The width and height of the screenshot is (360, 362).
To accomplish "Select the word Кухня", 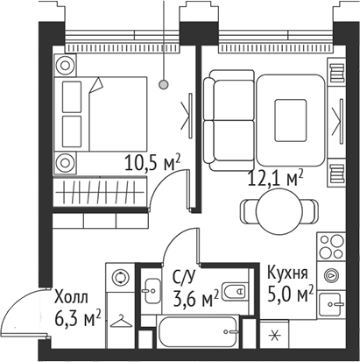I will pyautogui.click(x=288, y=273).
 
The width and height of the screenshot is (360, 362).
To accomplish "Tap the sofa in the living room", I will pyautogui.click(x=228, y=110).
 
